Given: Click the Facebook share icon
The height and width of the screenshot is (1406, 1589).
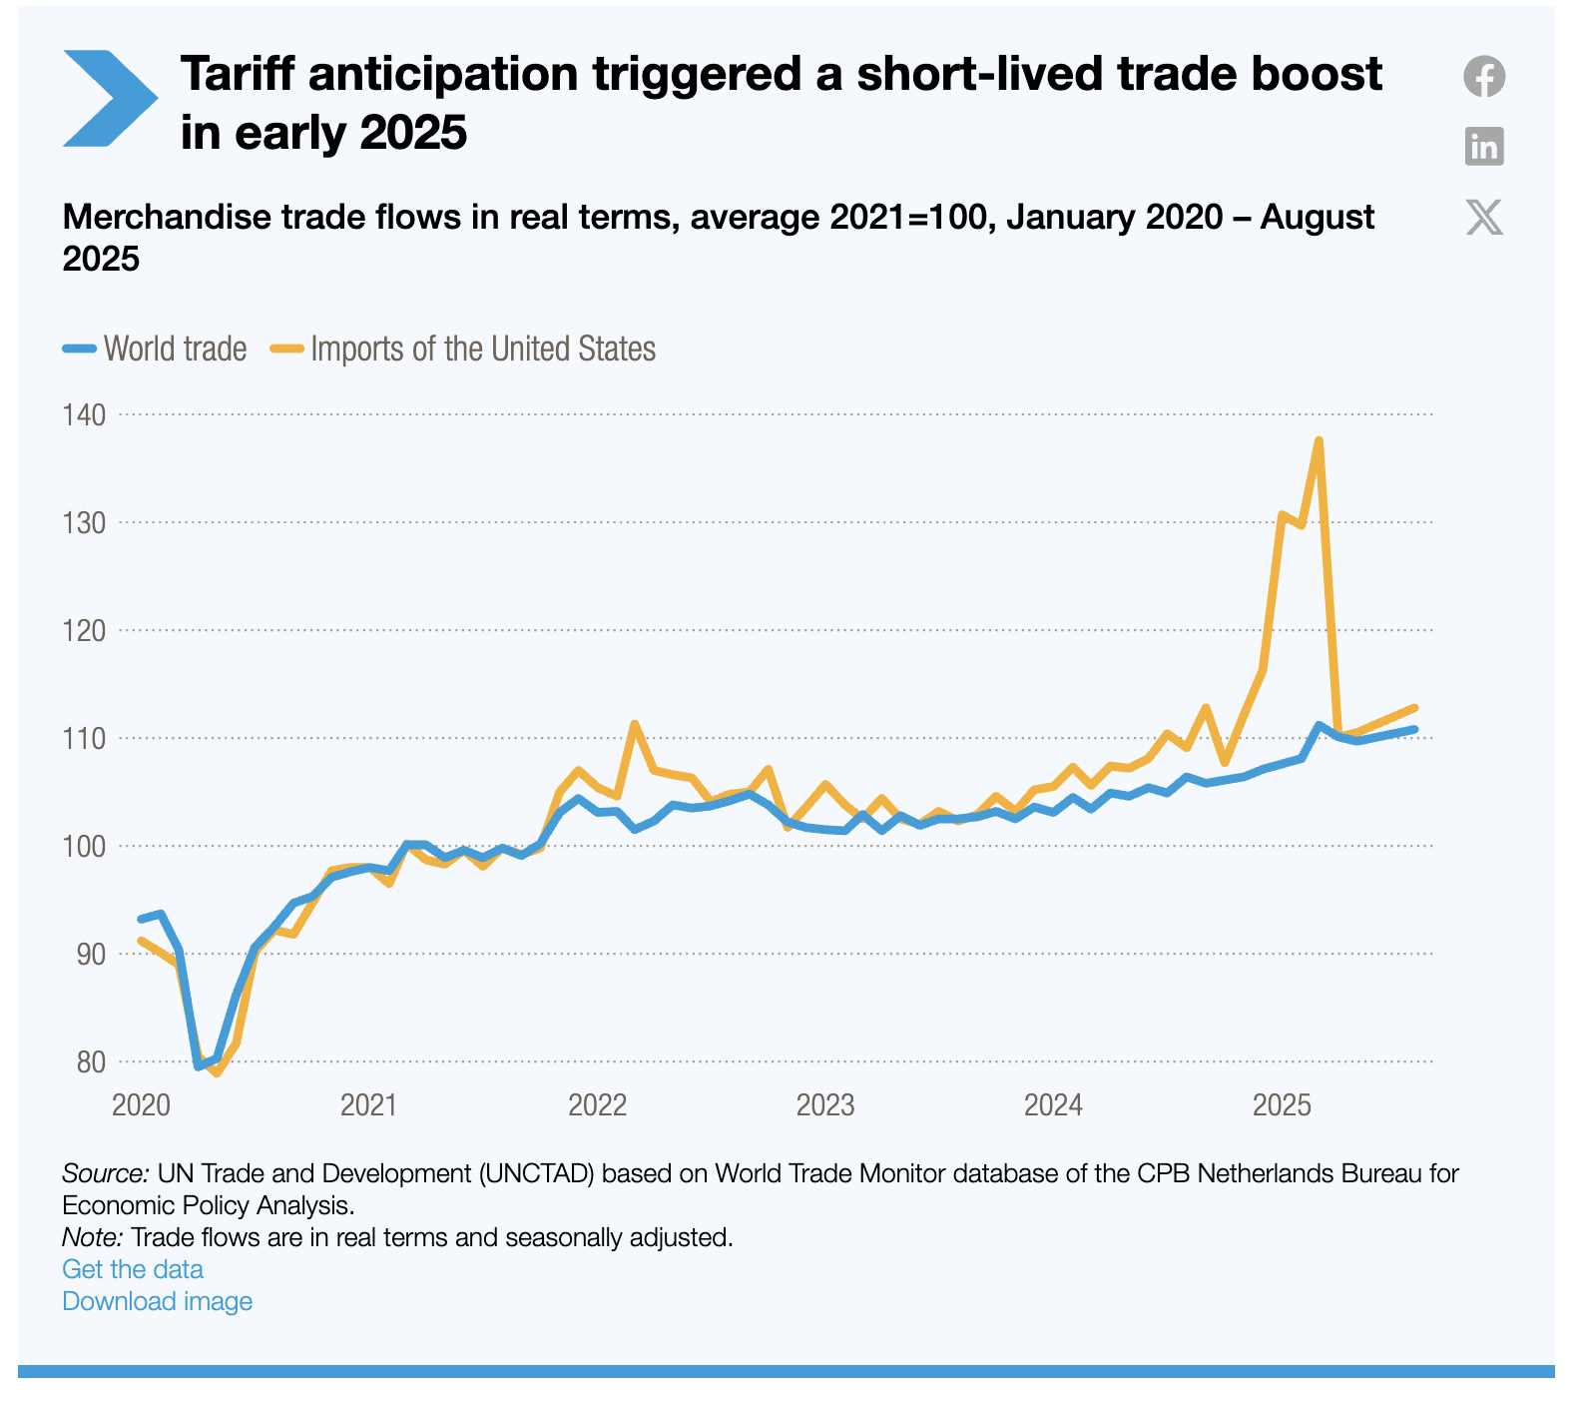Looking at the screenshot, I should [x=1484, y=77].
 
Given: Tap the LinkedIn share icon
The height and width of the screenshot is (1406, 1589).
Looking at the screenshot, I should [x=1484, y=147].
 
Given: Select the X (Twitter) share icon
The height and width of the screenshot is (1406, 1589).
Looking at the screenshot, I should [x=1484, y=217].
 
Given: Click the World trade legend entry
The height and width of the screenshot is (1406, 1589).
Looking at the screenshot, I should [x=156, y=349].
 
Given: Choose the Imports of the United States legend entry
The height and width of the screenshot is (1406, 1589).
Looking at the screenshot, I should [x=464, y=349].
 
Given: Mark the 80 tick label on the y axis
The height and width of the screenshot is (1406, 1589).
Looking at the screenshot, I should [x=91, y=1061].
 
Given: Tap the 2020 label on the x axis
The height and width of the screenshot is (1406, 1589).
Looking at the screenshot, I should [x=141, y=1105].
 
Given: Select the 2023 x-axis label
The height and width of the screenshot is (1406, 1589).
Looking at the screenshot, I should [x=825, y=1105].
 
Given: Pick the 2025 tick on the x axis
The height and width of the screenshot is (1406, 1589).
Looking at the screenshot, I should [x=1282, y=1105].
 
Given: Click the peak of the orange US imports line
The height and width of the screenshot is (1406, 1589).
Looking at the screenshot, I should [x=1320, y=440].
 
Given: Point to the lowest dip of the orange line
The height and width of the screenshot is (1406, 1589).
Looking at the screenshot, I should [x=217, y=1073].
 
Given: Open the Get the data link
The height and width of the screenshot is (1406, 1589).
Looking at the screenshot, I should [x=133, y=1269].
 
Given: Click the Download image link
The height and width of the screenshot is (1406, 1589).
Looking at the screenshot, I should [x=157, y=1301].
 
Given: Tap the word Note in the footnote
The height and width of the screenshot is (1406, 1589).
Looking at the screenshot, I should [x=92, y=1237].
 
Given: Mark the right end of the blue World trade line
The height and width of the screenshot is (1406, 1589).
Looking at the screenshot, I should [x=1414, y=729].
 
